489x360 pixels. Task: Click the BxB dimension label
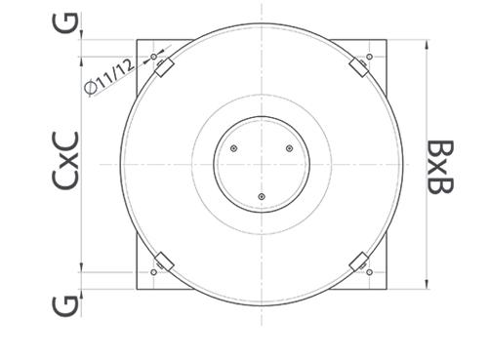click(x=440, y=167)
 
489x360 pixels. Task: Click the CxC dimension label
click(x=65, y=160)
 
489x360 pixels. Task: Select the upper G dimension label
click(x=65, y=22)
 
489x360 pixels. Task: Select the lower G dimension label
click(x=65, y=306)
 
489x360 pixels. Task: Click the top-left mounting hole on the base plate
click(x=153, y=57)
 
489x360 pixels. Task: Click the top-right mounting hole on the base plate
click(x=369, y=57)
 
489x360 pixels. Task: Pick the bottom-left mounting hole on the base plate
click(x=153, y=272)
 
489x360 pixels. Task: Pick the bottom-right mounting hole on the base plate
click(x=369, y=272)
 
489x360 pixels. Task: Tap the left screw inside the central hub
click(x=233, y=148)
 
